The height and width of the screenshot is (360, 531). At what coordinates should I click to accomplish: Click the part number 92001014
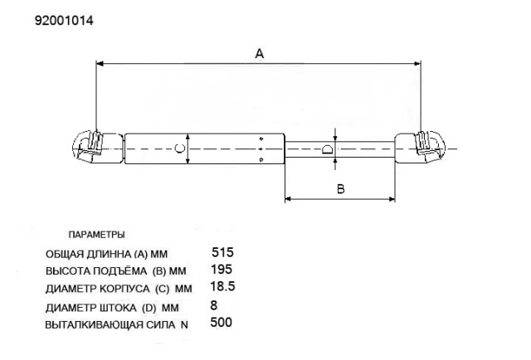pyautogui.click(x=64, y=21)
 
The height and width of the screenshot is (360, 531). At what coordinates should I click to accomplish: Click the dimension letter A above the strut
pyautogui.click(x=260, y=54)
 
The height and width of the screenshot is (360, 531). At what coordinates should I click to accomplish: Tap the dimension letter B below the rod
pyautogui.click(x=341, y=188)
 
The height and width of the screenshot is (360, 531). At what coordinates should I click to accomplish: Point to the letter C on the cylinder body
pyautogui.click(x=179, y=148)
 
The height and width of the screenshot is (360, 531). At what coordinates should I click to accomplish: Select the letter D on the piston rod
pyautogui.click(x=327, y=149)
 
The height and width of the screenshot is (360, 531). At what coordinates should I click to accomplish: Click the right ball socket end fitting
pyautogui.click(x=421, y=148)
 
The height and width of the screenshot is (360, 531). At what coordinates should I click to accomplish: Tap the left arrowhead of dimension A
pyautogui.click(x=100, y=63)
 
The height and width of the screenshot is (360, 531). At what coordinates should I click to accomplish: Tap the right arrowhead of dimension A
pyautogui.click(x=417, y=63)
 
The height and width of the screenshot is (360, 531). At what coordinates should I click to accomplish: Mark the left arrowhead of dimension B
pyautogui.click(x=288, y=199)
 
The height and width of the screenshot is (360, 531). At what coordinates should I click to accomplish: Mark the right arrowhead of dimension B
pyautogui.click(x=392, y=199)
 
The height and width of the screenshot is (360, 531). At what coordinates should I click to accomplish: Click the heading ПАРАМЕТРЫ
pyautogui.click(x=96, y=235)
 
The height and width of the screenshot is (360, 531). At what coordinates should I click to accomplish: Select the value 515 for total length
pyautogui.click(x=222, y=252)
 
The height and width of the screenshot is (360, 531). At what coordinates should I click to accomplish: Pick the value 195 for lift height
pyautogui.click(x=222, y=270)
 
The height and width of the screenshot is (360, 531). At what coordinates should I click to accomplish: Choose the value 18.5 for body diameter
pyautogui.click(x=222, y=286)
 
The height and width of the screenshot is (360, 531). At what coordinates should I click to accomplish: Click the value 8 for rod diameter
pyautogui.click(x=214, y=305)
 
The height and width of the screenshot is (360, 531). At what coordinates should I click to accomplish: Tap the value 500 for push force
pyautogui.click(x=222, y=322)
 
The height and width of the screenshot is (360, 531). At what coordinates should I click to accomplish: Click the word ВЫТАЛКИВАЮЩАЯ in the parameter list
pyautogui.click(x=94, y=325)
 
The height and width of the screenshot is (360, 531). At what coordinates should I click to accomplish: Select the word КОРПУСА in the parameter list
pyautogui.click(x=124, y=289)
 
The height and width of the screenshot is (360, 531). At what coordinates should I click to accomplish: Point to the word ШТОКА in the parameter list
pyautogui.click(x=118, y=309)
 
